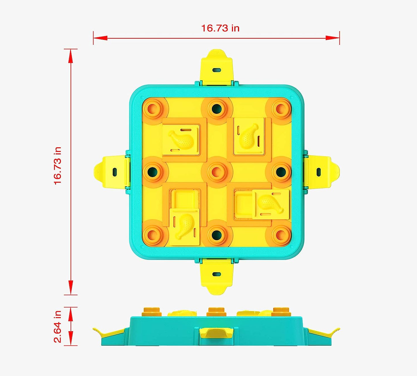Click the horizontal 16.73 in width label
click(x=220, y=28)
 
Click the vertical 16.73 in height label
click(x=58, y=166)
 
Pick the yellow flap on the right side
click(x=321, y=172)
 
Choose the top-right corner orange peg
click(x=281, y=108)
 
